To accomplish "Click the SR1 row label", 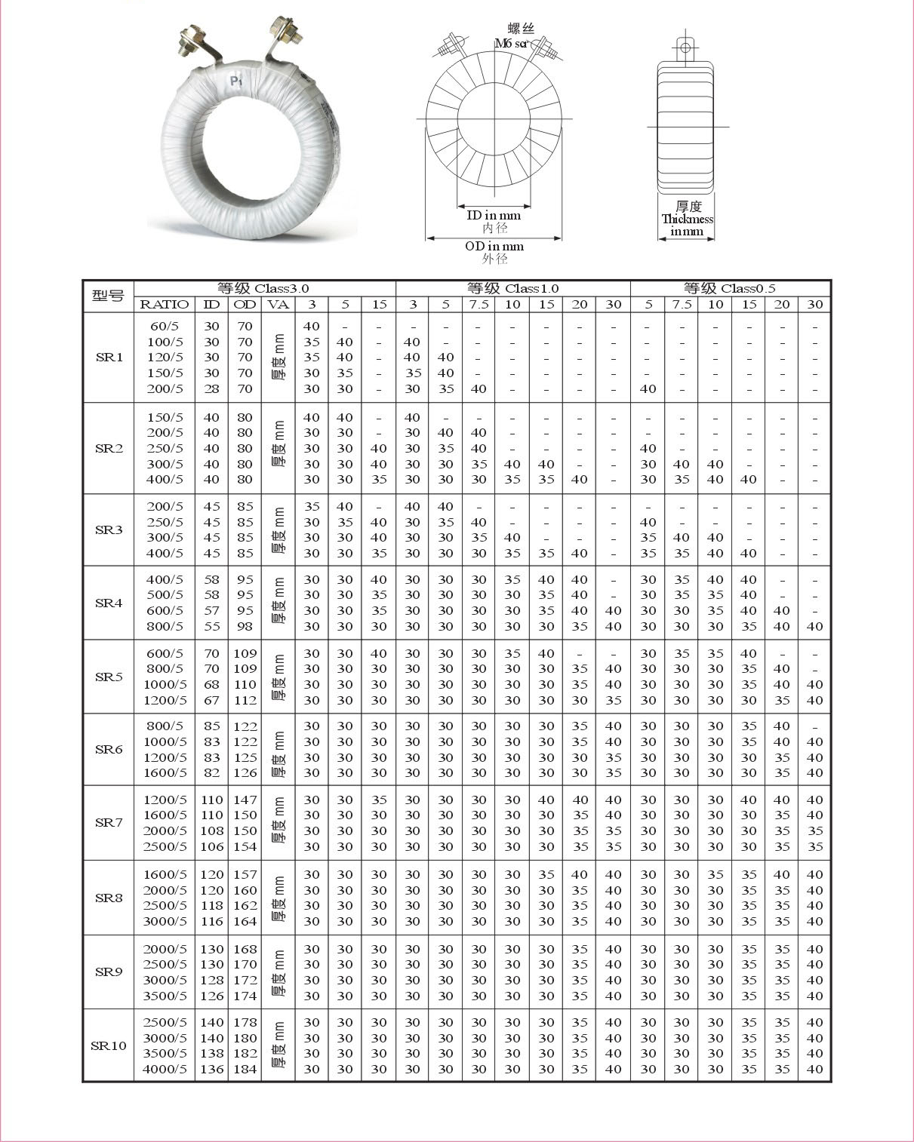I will coord(109,357).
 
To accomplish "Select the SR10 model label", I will coord(109,1045).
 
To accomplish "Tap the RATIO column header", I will coord(165,305).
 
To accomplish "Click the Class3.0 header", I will coord(263,288).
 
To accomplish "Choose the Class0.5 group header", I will coord(729,288).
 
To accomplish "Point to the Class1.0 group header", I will coord(512,288).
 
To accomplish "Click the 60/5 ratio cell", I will coord(165,327).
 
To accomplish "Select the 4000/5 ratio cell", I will coord(165,1069).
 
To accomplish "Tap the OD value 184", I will coord(245,1069).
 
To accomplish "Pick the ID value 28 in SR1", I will coord(212,389).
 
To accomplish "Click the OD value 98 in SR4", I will coord(245,626).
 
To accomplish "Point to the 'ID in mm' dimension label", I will coord(494,216).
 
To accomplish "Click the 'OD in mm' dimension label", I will coord(494,247).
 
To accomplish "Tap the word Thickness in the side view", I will coord(687,219).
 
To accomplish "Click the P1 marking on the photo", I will coord(236,81).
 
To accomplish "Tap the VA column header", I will coord(279,305).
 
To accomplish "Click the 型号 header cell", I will coord(108,296).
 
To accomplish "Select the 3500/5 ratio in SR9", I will coord(165,996).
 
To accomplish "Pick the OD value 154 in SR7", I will coord(245,846).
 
